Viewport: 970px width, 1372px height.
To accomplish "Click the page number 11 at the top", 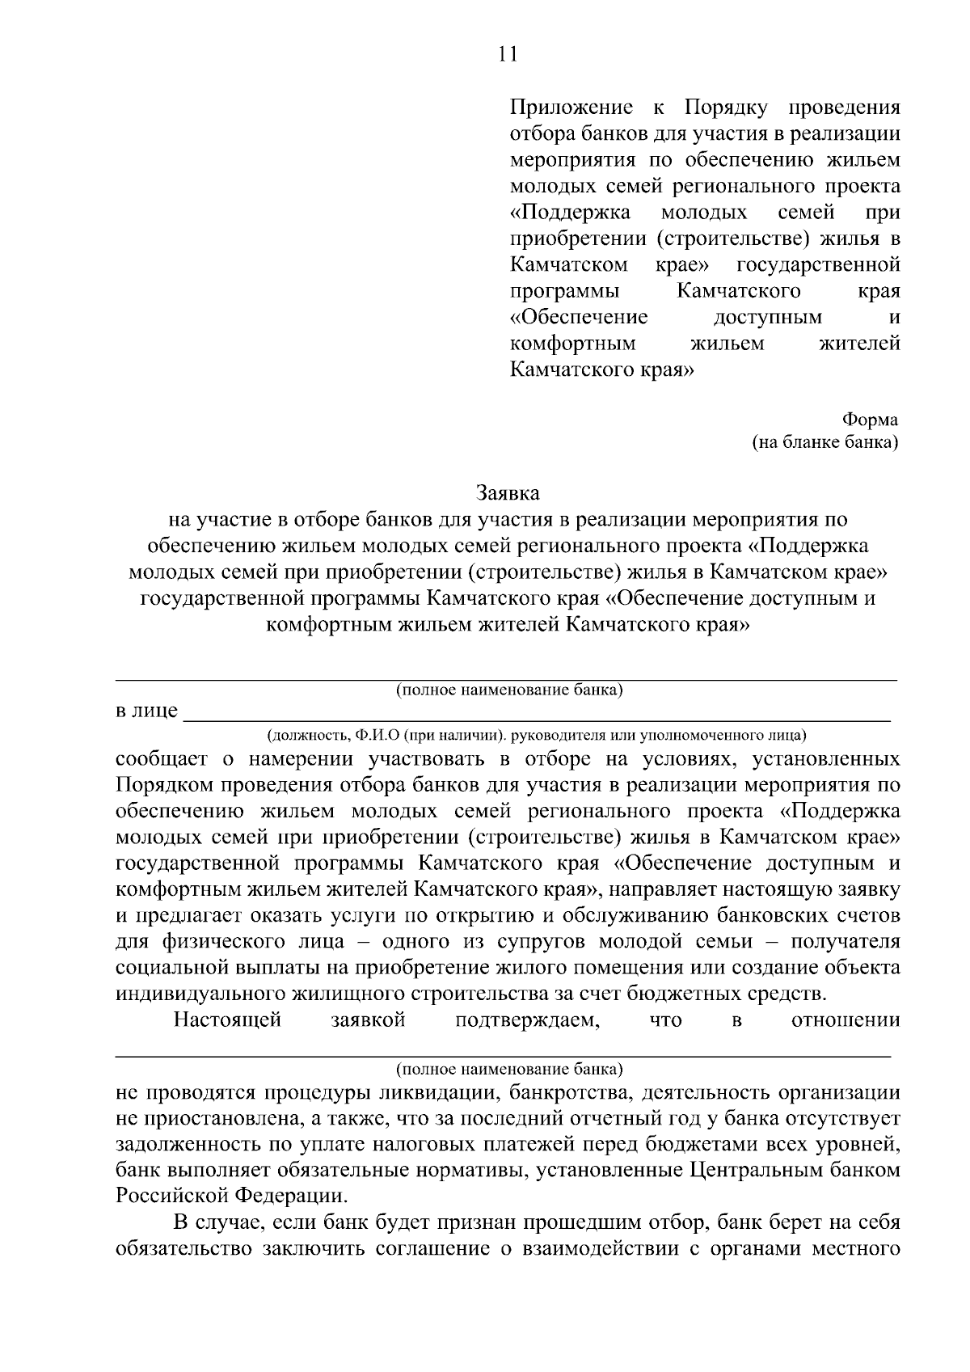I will coord(507,54).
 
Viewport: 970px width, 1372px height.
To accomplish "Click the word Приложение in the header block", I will coord(571,108).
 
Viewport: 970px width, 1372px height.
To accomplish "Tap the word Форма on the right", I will coord(870,420).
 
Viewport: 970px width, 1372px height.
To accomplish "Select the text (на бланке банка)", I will coord(824,442).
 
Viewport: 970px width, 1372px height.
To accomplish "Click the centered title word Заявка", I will coord(508,492).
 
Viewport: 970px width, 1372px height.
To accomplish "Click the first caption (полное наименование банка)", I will coord(509,690).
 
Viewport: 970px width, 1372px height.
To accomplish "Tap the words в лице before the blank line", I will coord(146,711).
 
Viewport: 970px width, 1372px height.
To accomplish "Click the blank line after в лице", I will coord(538,715).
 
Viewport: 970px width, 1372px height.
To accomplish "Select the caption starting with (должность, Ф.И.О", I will coord(537,736).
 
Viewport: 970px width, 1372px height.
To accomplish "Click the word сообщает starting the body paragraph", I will coord(162,759).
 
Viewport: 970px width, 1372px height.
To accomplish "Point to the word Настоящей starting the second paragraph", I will coord(227,1020).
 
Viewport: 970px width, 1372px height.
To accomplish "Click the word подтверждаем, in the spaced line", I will coord(527,1020).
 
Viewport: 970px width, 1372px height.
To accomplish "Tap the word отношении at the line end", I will coord(846,1020).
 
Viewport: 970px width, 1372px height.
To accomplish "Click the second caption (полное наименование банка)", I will coord(509,1069).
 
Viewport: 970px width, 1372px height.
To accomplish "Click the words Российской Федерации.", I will coord(231,1196).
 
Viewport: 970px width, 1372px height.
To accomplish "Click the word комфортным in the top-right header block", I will coord(572,344).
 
